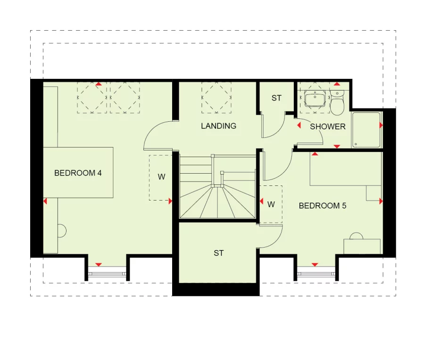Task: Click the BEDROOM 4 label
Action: point(78,173)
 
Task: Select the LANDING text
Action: point(218,126)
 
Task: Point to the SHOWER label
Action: point(327,126)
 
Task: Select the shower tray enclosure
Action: point(366,129)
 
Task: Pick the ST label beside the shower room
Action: point(276,98)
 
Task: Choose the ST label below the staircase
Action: point(218,253)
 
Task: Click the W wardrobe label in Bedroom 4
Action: point(161,177)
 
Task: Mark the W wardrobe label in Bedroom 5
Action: point(271,204)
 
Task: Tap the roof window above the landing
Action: point(216,97)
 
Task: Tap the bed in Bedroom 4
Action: point(78,172)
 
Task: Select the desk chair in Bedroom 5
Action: point(356,235)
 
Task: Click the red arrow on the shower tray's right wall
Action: point(381,126)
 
